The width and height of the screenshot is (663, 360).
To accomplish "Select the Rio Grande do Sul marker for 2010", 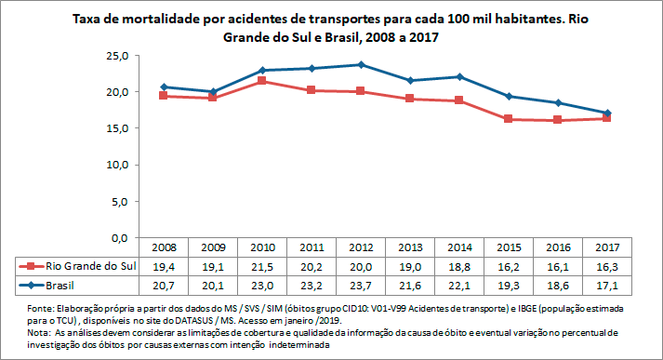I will pos(262,81).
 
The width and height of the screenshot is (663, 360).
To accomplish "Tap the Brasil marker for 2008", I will pos(165,87).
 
